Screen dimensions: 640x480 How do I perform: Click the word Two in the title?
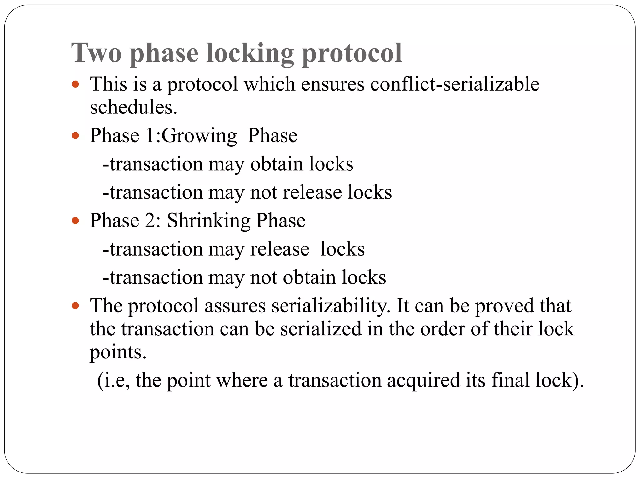(96, 53)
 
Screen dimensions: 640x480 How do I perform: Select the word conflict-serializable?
(455, 84)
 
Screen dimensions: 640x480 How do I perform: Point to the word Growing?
(199, 136)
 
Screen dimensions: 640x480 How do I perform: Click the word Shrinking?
(209, 221)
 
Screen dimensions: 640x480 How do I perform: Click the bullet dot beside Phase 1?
(75, 136)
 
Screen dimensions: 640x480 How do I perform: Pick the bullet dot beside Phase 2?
(75, 221)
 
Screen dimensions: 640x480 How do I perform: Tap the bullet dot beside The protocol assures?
(75, 306)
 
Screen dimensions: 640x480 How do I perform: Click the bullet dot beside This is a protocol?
(75, 84)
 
